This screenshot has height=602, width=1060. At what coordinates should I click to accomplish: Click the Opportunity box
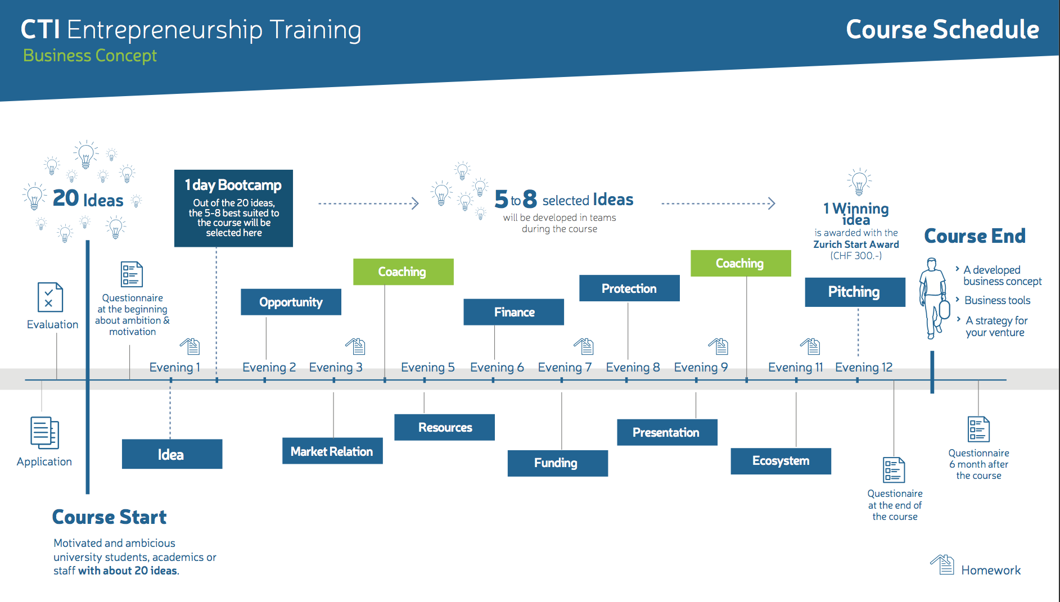[291, 302]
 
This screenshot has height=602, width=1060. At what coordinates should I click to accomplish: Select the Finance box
[513, 312]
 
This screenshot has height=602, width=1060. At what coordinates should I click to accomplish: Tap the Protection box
[629, 288]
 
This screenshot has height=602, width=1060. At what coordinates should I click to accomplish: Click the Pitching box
[855, 292]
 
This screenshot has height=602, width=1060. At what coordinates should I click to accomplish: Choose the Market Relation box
[332, 451]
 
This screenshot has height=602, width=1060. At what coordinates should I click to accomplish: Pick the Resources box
[444, 427]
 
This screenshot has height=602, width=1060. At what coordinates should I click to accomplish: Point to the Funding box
[557, 463]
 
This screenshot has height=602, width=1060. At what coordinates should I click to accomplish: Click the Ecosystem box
[781, 461]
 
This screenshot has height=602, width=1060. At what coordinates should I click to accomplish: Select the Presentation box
[667, 432]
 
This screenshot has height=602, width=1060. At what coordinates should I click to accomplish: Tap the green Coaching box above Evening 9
[741, 263]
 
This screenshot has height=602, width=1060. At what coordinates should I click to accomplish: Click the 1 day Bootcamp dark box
[233, 209]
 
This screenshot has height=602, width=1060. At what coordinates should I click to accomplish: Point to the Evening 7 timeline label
[565, 367]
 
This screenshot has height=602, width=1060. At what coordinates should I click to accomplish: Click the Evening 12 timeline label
[864, 367]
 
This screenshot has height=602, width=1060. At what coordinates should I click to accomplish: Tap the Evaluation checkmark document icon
[50, 297]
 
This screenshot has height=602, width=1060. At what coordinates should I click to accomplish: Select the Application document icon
[44, 433]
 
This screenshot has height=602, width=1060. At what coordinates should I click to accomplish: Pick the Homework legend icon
[942, 564]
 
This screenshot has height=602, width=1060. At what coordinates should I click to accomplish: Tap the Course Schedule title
[942, 29]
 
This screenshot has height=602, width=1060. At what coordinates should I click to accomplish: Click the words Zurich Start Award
[856, 245]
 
